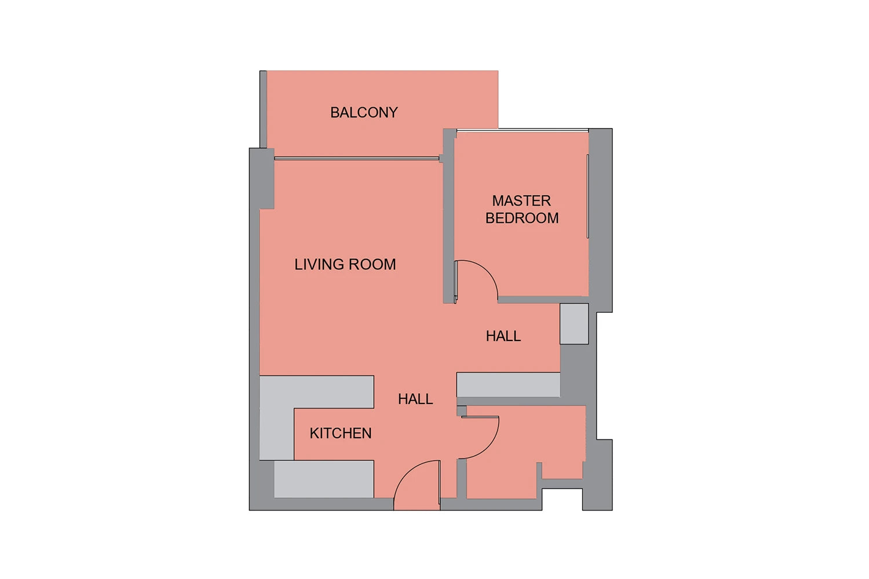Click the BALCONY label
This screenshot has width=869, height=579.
[x=364, y=112]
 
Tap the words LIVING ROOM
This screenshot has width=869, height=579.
[x=345, y=265]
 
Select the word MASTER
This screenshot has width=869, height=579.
[x=521, y=201]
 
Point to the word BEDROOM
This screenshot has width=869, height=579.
[x=522, y=218]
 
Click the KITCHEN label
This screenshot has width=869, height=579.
[x=341, y=433]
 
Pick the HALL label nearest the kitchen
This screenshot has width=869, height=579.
[x=415, y=399]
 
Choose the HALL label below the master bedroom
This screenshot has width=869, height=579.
[x=503, y=336]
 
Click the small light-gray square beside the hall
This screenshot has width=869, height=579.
[x=574, y=324]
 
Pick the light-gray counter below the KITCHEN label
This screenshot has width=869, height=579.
[x=324, y=479]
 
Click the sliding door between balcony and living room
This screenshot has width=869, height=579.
[x=356, y=158]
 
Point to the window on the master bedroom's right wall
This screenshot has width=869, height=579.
[x=588, y=196]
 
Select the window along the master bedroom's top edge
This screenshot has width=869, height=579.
[x=523, y=130]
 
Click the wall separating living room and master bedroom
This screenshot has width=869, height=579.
[x=449, y=215]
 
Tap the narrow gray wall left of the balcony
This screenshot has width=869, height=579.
[x=263, y=109]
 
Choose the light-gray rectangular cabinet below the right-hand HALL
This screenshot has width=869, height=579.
[x=508, y=384]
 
